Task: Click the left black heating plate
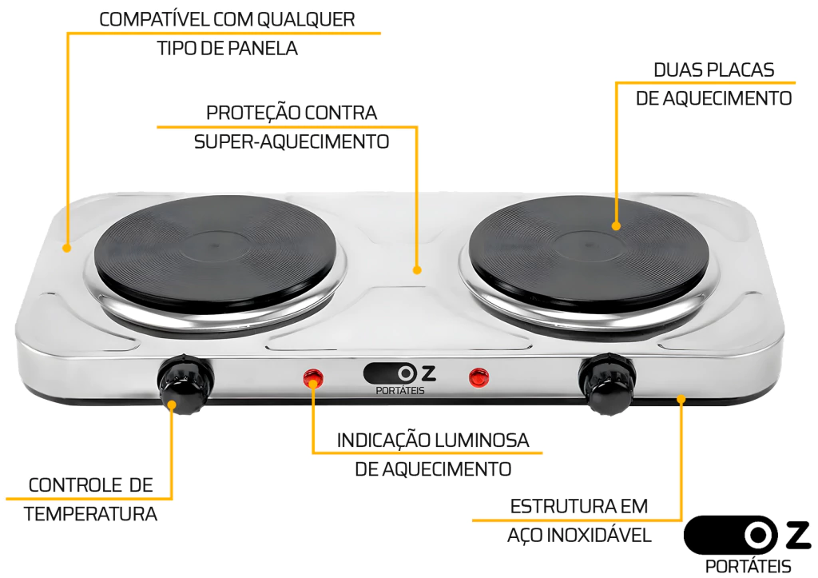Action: point(215,254)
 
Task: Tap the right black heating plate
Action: point(589,254)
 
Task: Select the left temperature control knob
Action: point(185,383)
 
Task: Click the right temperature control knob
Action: point(606,383)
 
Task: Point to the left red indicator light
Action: point(313,378)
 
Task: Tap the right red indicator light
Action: point(479,377)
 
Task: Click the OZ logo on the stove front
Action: point(399,379)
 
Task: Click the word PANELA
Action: point(263,49)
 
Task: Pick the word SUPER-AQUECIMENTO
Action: point(292,142)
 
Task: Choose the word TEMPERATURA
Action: point(90,514)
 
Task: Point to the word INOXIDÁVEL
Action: point(599,535)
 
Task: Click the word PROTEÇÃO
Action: point(253,113)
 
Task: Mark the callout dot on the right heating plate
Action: point(616,226)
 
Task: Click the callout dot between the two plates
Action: point(417,270)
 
